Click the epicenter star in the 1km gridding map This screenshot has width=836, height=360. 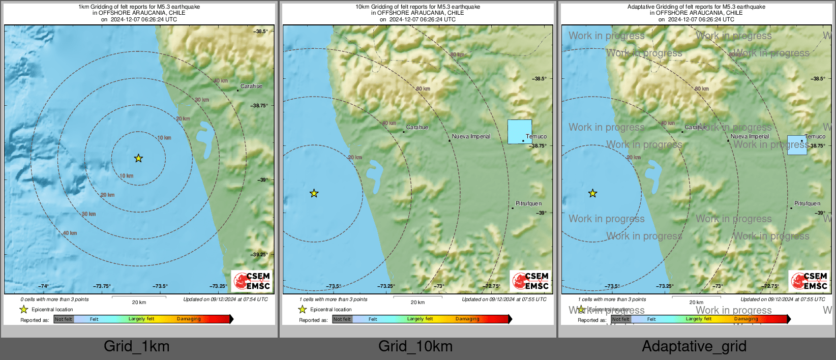[x=138, y=158]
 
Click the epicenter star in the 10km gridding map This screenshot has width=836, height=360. [x=314, y=193]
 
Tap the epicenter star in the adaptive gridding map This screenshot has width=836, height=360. [x=593, y=193]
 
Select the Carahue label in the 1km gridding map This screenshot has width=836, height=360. [x=251, y=86]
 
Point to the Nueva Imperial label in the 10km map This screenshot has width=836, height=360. [x=471, y=136]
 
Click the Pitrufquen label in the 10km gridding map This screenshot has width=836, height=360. [x=528, y=203]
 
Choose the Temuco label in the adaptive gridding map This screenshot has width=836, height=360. [x=815, y=136]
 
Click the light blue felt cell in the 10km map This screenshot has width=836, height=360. [x=520, y=132]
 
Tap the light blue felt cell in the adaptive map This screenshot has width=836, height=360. [x=797, y=145]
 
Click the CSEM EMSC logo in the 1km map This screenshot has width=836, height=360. [x=252, y=281]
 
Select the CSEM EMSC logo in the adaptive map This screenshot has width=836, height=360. [x=810, y=281]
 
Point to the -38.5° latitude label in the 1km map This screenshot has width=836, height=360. [x=261, y=32]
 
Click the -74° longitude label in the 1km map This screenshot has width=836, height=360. [x=44, y=286]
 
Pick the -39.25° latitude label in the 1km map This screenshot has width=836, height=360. [x=259, y=255]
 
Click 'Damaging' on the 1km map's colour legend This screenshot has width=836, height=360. [x=189, y=319]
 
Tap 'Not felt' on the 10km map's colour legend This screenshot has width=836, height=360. [x=342, y=319]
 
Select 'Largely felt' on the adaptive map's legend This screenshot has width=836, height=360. [x=699, y=319]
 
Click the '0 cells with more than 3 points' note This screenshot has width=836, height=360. [x=54, y=299]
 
